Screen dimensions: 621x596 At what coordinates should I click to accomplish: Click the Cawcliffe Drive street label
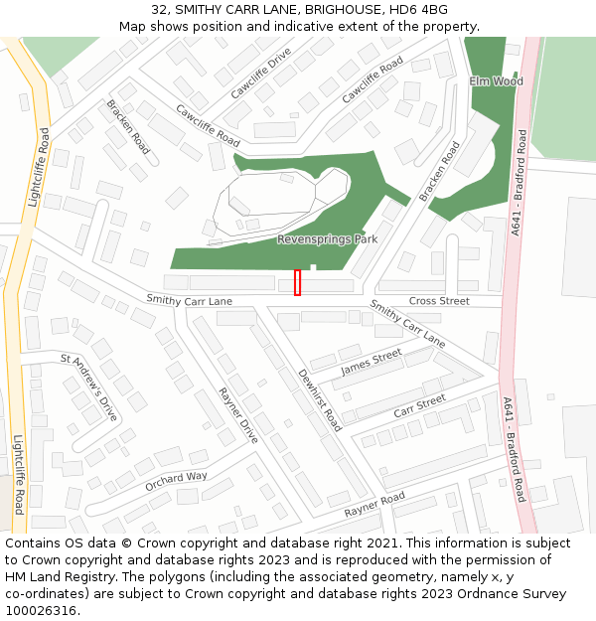pyautogui.click(x=260, y=73)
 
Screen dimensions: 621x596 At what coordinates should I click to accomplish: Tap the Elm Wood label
pyautogui.click(x=496, y=81)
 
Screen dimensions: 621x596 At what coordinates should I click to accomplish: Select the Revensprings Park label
pyautogui.click(x=327, y=239)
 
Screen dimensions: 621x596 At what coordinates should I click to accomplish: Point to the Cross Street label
pyautogui.click(x=439, y=301)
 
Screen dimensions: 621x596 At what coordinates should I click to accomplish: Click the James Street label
pyautogui.click(x=372, y=363)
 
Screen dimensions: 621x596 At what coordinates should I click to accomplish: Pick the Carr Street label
pyautogui.click(x=419, y=406)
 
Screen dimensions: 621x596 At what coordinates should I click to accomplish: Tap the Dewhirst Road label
pyautogui.click(x=320, y=400)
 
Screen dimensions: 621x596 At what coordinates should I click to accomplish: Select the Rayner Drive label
pyautogui.click(x=237, y=415)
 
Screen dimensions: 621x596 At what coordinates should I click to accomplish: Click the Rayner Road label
pyautogui.click(x=374, y=505)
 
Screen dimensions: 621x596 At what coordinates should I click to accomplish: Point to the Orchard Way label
pyautogui.click(x=176, y=483)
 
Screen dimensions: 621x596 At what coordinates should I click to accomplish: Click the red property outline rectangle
pyautogui.click(x=297, y=283)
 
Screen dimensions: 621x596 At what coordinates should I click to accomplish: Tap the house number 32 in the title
pyautogui.click(x=160, y=10)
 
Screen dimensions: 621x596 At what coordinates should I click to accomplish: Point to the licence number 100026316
pyautogui.click(x=43, y=610)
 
